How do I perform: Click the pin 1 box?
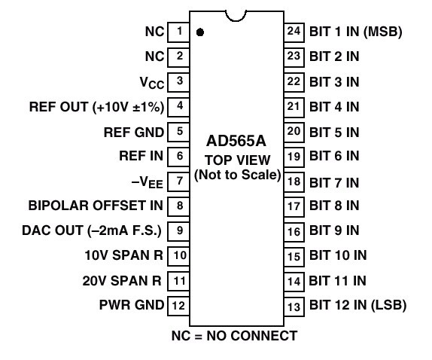(178, 32)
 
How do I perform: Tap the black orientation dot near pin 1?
(200, 32)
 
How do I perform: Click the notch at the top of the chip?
(236, 17)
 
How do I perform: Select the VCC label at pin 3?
(152, 82)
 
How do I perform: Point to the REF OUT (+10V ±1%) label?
(96, 107)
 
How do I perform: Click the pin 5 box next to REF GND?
(178, 132)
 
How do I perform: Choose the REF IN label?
(141, 156)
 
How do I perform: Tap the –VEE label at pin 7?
(147, 182)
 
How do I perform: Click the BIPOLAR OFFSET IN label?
(96, 206)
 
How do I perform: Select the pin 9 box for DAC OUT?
(178, 231)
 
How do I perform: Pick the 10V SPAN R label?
(123, 255)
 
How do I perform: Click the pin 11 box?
(178, 281)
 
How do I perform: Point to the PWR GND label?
(132, 305)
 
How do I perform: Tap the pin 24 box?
(294, 32)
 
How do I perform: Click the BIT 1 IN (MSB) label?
(356, 32)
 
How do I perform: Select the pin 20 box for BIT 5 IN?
(294, 132)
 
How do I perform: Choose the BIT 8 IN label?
(334, 206)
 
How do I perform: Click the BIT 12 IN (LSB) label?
(358, 305)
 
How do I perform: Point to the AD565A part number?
(236, 141)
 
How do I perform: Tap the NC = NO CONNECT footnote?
(234, 336)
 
